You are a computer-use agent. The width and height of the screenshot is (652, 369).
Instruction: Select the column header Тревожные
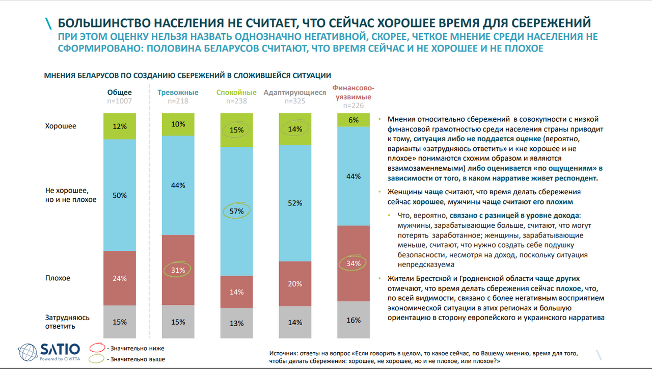coord(178,93)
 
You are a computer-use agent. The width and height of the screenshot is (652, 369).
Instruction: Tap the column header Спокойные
coord(236,93)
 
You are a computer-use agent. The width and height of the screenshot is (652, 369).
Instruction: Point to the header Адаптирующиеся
coord(295,93)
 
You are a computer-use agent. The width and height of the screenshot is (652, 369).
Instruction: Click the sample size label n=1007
coord(119,101)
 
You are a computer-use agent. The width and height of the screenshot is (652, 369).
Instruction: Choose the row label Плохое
coord(58,278)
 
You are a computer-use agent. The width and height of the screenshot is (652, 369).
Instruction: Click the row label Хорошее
coord(61,126)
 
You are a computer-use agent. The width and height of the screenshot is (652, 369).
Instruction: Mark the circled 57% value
coord(236,211)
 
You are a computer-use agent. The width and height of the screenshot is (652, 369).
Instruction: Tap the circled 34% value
coord(354,263)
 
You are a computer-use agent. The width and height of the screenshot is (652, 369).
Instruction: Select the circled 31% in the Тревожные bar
coord(178,270)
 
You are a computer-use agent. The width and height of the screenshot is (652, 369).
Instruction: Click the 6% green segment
coord(354,120)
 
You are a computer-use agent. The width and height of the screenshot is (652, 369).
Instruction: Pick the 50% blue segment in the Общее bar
coord(119,196)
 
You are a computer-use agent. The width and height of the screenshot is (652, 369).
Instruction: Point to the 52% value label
coord(295,203)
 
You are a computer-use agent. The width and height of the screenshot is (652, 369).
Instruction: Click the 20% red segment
coord(295,284)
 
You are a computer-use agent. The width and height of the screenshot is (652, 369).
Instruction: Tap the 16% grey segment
coord(354,320)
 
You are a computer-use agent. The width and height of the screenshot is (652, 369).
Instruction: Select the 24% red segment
coord(119,278)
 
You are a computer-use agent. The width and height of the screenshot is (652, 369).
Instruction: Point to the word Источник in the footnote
coord(283,353)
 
